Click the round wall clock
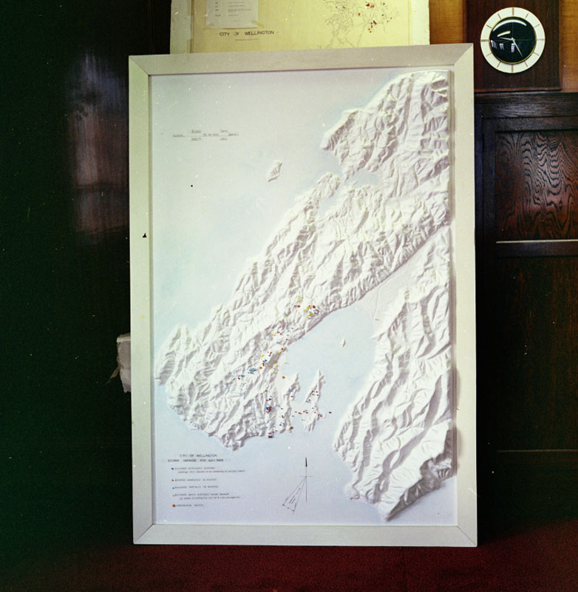click(512, 40)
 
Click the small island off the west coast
click(274, 171)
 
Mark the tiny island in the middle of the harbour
click(342, 343)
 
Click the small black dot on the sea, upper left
click(145, 235)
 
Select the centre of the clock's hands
click(512, 39)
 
